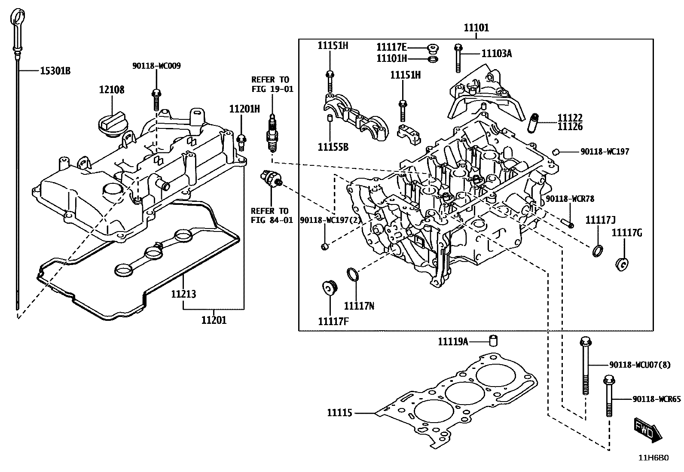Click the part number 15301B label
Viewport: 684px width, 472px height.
[x=55, y=71]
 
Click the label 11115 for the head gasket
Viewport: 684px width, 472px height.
[x=339, y=413]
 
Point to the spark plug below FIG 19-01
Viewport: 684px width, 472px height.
[x=272, y=134]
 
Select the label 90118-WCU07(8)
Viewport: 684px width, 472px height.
[x=639, y=365]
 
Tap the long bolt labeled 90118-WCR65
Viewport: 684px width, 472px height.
[x=608, y=395]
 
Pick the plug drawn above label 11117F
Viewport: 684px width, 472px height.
[x=330, y=288]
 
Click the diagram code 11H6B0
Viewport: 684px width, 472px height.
[x=653, y=458]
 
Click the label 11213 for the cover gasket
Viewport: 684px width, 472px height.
[x=183, y=294]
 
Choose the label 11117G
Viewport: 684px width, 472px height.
[x=626, y=233]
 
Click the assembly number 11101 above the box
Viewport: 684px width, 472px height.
[x=476, y=28]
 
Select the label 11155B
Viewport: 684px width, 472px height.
[x=333, y=147]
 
